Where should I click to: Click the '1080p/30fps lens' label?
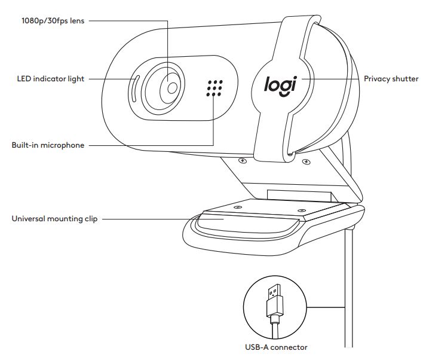click(x=53, y=21)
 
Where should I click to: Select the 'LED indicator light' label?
click(x=51, y=79)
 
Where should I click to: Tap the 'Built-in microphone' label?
click(x=48, y=145)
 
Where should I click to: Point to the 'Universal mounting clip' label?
click(x=54, y=218)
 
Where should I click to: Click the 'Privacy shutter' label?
click(x=391, y=79)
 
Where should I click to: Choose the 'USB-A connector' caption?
click(x=276, y=347)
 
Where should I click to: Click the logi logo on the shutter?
click(x=281, y=86)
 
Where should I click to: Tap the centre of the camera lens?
click(x=172, y=88)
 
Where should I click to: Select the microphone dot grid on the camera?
click(x=214, y=88)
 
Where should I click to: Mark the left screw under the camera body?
click(x=243, y=161)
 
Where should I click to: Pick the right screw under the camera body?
click(x=306, y=162)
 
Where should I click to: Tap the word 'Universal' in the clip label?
click(x=28, y=218)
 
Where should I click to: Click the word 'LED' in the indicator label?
click(x=24, y=79)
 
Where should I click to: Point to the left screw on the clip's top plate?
click(x=238, y=207)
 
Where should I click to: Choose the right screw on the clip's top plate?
click(x=301, y=210)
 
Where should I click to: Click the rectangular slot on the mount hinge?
click(x=299, y=196)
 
